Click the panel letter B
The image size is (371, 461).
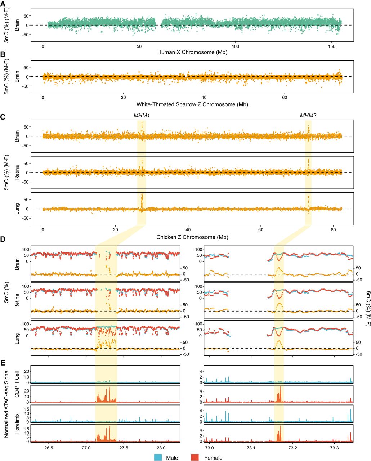3,54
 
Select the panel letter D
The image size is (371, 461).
3,239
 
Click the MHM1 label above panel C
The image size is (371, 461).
142,116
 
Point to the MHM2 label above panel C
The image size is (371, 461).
308,116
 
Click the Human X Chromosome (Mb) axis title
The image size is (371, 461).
192,52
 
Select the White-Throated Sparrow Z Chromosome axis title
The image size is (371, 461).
192,104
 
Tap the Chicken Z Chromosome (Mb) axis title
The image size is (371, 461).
192,237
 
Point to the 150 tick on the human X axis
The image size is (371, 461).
332,46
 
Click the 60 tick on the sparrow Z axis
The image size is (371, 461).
285,98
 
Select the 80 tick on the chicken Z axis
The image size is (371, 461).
333,230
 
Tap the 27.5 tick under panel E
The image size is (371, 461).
124,448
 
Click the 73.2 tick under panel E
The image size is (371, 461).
292,448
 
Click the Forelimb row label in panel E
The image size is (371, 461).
17,424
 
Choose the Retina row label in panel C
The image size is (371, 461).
17,173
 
